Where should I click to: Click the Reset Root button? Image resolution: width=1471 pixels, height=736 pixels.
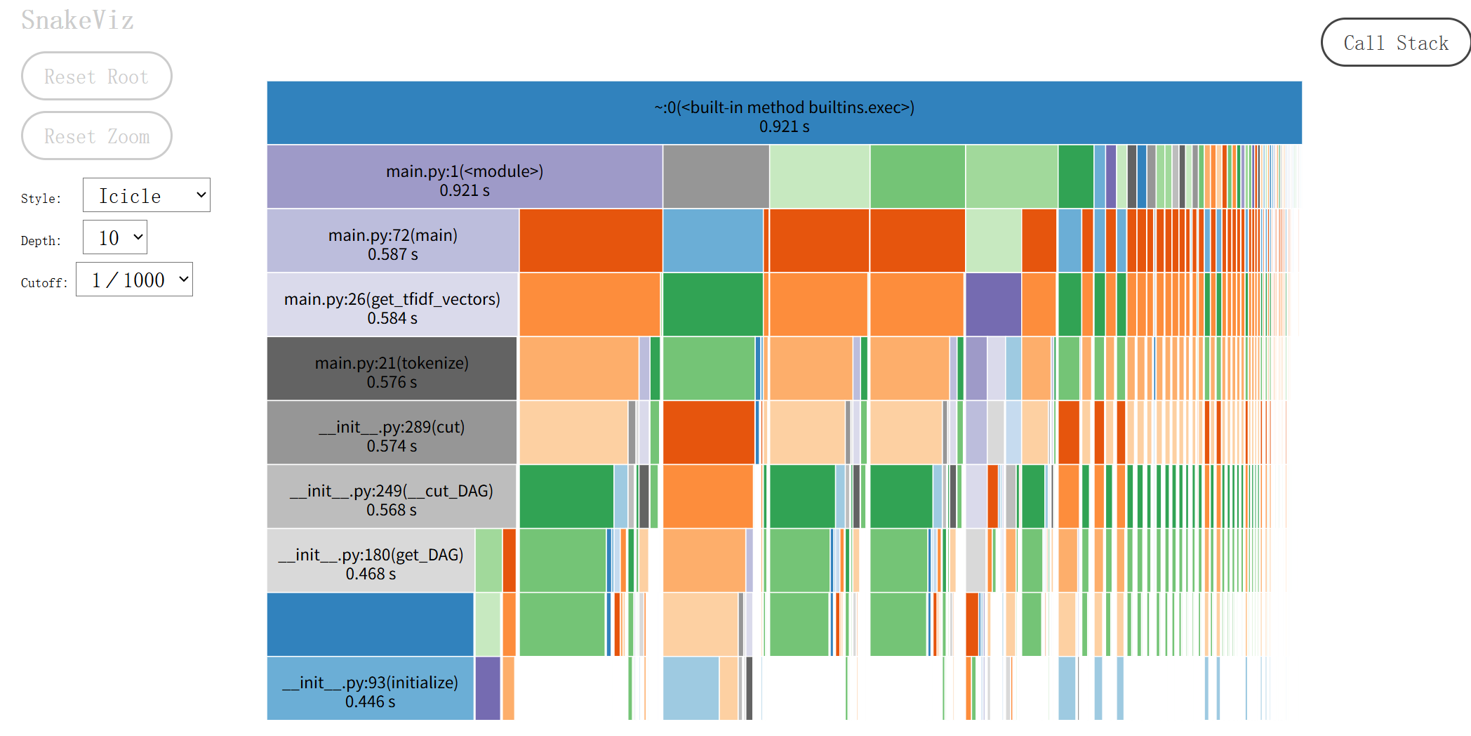pos(96,76)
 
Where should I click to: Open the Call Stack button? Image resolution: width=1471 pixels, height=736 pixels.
pos(1395,43)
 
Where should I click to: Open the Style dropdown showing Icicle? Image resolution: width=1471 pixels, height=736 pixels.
pos(146,195)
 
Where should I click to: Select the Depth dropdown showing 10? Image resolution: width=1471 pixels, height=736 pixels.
pos(114,237)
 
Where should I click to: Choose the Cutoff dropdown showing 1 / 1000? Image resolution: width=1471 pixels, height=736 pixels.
pos(134,280)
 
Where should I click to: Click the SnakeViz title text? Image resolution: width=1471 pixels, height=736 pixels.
pos(77,20)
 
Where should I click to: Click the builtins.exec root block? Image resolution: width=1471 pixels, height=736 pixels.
pos(784,113)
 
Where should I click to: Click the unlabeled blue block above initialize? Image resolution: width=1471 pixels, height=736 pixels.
pos(370,624)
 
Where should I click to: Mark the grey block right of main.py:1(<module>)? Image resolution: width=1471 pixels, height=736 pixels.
pos(716,177)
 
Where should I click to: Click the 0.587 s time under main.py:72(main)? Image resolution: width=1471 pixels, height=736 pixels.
pos(392,254)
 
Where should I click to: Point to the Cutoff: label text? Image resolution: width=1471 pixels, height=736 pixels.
pos(44,283)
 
